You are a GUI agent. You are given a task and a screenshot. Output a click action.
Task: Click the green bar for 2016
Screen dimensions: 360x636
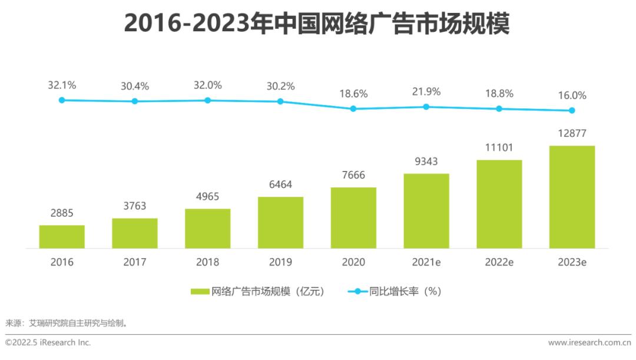(x=62, y=236)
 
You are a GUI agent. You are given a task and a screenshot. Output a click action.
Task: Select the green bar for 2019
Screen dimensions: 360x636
(x=280, y=222)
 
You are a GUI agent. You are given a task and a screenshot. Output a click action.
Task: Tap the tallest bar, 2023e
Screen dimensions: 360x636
(x=572, y=197)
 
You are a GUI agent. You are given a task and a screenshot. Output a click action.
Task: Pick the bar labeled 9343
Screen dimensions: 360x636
(x=426, y=210)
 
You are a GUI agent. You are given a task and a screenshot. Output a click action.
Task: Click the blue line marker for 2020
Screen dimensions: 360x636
(x=353, y=108)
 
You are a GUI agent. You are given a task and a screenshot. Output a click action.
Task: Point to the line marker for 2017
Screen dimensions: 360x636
(x=135, y=101)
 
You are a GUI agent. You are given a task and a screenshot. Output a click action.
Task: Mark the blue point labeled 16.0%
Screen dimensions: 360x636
(x=572, y=110)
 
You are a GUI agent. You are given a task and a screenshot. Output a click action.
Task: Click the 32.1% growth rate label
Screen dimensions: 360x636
(x=62, y=85)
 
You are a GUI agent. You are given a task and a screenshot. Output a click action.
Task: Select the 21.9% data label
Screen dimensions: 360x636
(x=426, y=92)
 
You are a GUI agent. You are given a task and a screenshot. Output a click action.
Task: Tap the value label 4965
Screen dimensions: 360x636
(x=207, y=196)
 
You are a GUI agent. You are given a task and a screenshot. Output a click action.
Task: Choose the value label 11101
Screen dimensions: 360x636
(x=499, y=147)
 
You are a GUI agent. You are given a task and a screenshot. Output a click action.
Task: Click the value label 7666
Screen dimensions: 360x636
(x=353, y=175)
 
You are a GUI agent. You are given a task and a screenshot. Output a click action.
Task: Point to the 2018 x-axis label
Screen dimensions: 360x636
(x=207, y=262)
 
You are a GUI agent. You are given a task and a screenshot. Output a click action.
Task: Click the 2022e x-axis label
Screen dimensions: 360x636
(x=499, y=262)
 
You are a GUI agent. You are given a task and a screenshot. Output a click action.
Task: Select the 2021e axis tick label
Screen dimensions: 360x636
(x=426, y=262)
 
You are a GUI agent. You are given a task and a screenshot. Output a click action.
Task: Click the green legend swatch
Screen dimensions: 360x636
(x=200, y=292)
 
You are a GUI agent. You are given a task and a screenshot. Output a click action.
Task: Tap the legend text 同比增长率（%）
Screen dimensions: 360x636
(x=405, y=292)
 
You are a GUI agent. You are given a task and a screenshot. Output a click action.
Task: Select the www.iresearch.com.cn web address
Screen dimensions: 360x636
(x=589, y=342)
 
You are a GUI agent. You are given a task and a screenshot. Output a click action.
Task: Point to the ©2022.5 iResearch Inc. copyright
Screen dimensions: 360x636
(x=48, y=342)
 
